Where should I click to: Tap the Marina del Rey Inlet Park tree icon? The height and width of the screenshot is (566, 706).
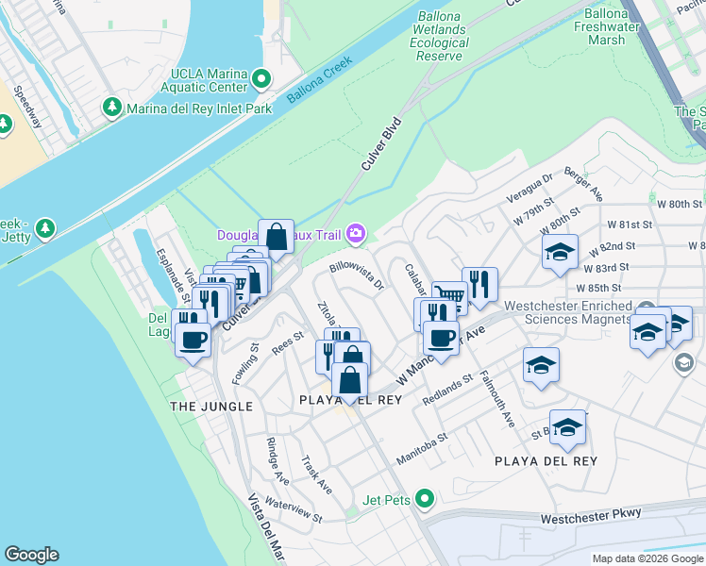[x=113, y=108]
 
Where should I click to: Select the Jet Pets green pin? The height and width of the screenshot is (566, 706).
[x=425, y=497]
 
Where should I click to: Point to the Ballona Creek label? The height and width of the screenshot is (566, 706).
[x=315, y=75]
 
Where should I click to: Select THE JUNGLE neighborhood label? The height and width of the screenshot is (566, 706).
[x=210, y=406]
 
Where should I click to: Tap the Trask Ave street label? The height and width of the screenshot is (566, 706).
[x=316, y=475]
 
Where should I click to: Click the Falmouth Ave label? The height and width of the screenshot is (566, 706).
[x=499, y=401]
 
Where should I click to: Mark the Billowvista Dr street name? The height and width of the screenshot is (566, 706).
[x=358, y=275]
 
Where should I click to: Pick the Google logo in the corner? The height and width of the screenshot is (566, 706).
[x=31, y=555]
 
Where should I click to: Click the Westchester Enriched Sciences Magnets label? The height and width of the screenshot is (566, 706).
[x=567, y=312]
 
